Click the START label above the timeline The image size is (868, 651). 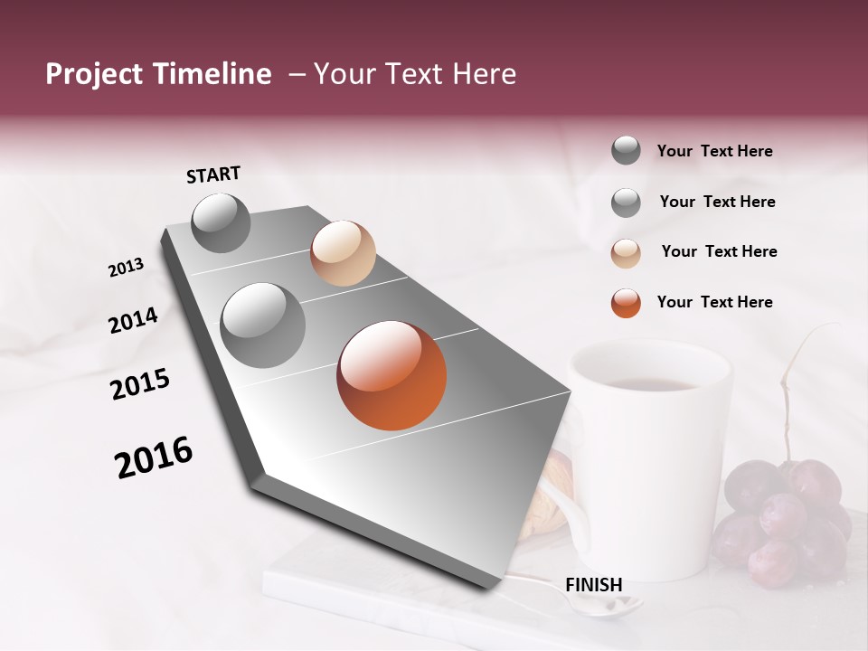tap(213, 175)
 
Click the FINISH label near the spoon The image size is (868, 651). tap(593, 585)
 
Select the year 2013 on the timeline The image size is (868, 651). tap(126, 268)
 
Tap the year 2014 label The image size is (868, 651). tap(133, 320)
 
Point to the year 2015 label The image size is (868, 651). tap(139, 384)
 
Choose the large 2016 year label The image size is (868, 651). tap(154, 458)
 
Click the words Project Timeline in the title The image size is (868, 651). tap(158, 74)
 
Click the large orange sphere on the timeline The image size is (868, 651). tap(392, 375)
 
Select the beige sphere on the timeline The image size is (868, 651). tap(343, 253)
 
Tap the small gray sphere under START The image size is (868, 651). tap(221, 222)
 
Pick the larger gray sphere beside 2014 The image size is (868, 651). tap(262, 325)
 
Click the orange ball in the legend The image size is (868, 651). tap(626, 303)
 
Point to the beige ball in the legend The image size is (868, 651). tap(626, 253)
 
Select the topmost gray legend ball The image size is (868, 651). tap(626, 150)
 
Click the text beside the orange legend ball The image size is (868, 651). tap(714, 302)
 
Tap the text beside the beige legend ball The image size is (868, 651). tap(719, 251)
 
